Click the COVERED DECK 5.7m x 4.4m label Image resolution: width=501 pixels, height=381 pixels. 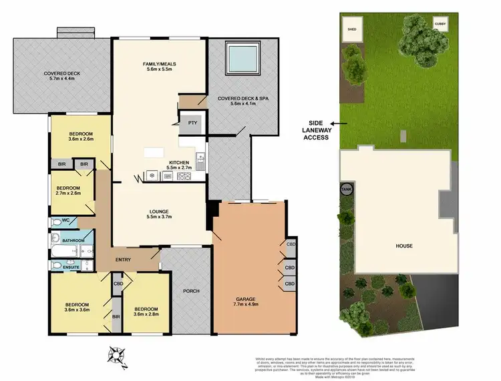(59, 76)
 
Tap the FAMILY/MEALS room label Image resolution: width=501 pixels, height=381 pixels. (158, 67)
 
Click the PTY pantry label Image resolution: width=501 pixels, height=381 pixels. (192, 123)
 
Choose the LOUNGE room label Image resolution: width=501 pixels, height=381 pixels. (158, 215)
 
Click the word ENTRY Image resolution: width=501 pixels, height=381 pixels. (122, 260)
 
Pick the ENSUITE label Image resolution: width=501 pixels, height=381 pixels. (71, 267)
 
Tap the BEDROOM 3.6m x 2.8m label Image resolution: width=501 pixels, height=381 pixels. (145, 312)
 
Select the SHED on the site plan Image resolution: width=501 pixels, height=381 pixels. (351, 29)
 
